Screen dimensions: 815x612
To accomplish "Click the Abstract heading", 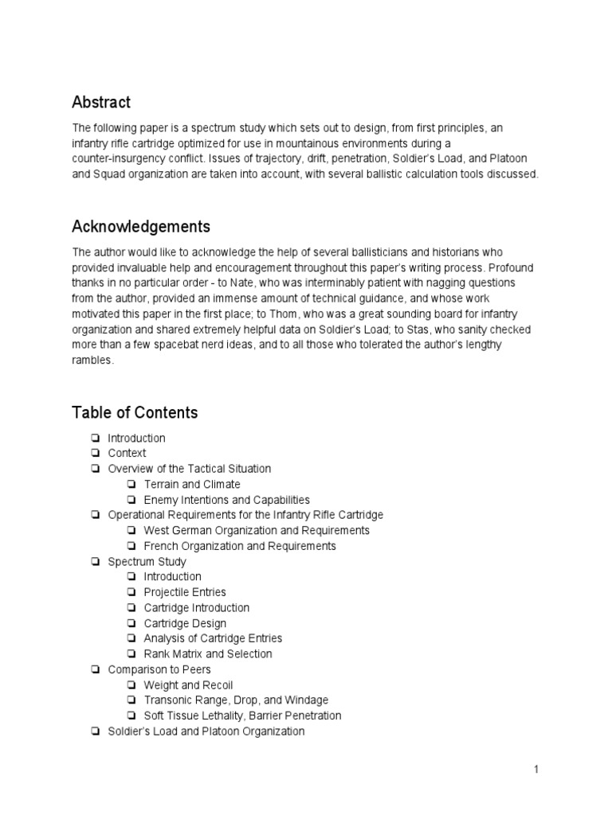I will pos(101,103).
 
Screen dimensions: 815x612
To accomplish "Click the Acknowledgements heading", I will pos(141,227).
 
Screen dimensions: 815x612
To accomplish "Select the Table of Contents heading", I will pos(135,412).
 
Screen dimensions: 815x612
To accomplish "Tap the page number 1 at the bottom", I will pos(537,769).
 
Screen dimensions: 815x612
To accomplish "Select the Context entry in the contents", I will pos(127,453).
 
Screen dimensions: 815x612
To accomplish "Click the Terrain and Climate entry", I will pos(191,484).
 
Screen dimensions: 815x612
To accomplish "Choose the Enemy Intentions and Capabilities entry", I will pos(226,500).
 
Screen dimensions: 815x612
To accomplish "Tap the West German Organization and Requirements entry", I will pos(257,530).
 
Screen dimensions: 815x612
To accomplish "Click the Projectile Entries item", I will pos(185,592).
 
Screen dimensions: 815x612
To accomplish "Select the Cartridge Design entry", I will pos(185,623).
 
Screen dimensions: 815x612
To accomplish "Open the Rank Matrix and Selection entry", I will pos(207,653).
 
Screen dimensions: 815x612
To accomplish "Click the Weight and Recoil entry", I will pos(188,684).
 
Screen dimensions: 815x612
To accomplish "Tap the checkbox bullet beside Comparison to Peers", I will pos(96,669).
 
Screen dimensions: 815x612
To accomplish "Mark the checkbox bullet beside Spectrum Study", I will pos(96,562).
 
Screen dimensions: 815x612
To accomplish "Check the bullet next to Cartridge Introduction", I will pos(131,608).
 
